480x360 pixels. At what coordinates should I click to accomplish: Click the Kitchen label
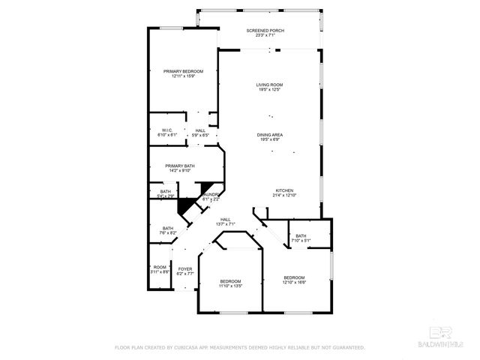284,190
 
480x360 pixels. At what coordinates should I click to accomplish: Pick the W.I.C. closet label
167,130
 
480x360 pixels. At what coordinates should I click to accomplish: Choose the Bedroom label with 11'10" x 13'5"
230,281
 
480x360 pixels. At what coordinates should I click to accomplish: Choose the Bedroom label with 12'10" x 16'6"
294,277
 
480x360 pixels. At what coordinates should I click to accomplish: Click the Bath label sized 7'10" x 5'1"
301,236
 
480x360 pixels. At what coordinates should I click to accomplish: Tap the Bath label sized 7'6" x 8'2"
169,229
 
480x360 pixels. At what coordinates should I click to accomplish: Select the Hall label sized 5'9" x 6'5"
200,130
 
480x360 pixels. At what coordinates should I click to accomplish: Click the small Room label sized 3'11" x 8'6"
160,268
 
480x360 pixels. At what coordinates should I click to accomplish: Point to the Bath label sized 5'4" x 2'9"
166,191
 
